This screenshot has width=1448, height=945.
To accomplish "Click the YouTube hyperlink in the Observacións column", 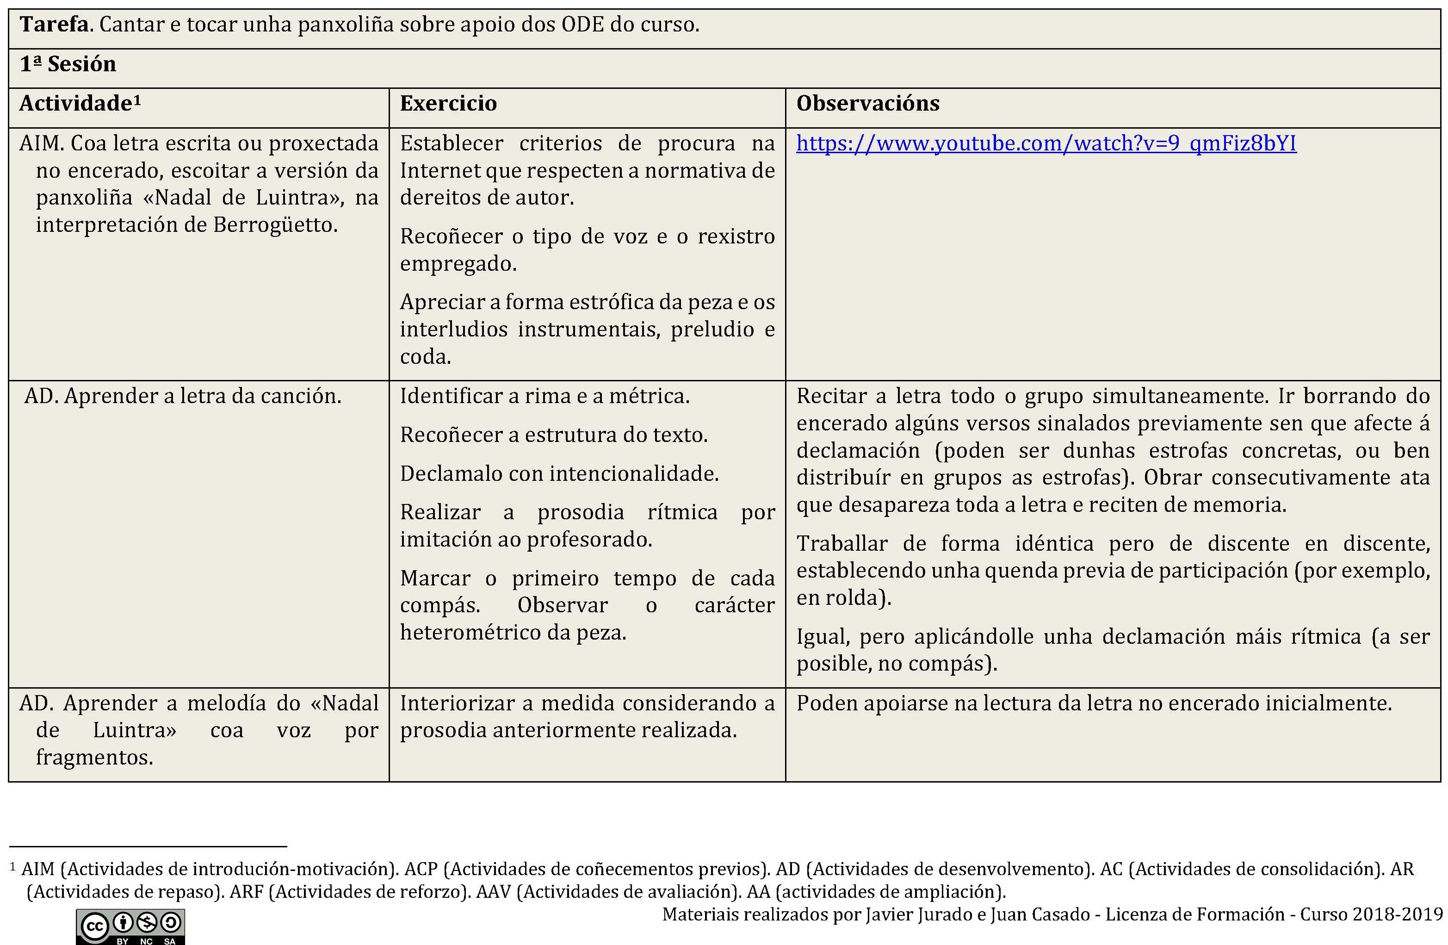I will click(1046, 143).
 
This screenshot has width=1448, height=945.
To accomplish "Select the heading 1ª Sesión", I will click(68, 64).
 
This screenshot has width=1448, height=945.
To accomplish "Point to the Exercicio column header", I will click(448, 104).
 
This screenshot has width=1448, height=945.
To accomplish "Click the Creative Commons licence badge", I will click(130, 926).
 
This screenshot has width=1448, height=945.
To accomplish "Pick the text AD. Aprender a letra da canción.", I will click(183, 396).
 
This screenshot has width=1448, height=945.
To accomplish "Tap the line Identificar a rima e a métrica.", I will click(545, 396).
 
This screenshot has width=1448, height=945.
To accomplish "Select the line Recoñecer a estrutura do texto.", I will click(554, 435).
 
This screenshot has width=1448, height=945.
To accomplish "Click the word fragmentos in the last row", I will click(94, 758).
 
